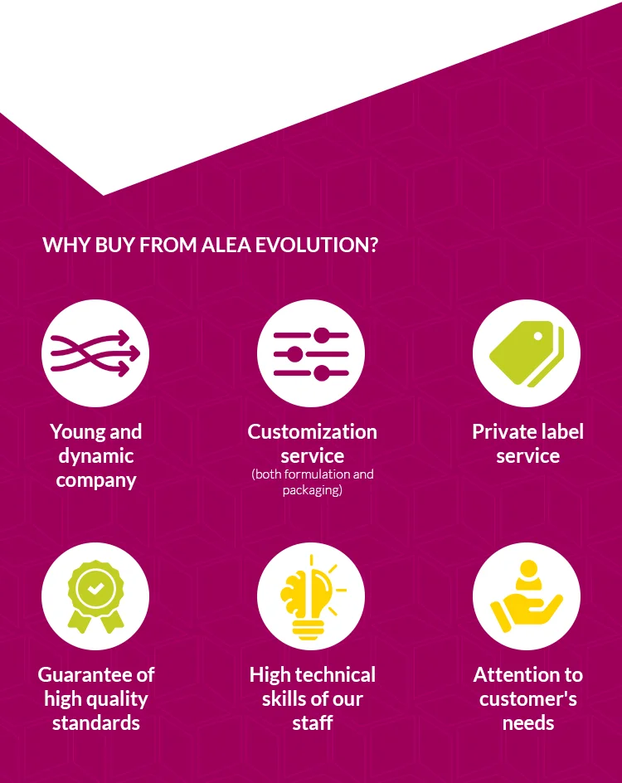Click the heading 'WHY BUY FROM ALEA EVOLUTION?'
[210, 246]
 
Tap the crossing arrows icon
[95, 353]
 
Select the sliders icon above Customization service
[311, 354]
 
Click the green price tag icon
[526, 353]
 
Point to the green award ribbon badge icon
[95, 596]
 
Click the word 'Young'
[73, 432]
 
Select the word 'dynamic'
[95, 456]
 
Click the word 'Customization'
[312, 432]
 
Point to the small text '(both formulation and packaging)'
[312, 482]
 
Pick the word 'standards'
[95, 723]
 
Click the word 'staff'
[312, 723]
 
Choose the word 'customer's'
[527, 699]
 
